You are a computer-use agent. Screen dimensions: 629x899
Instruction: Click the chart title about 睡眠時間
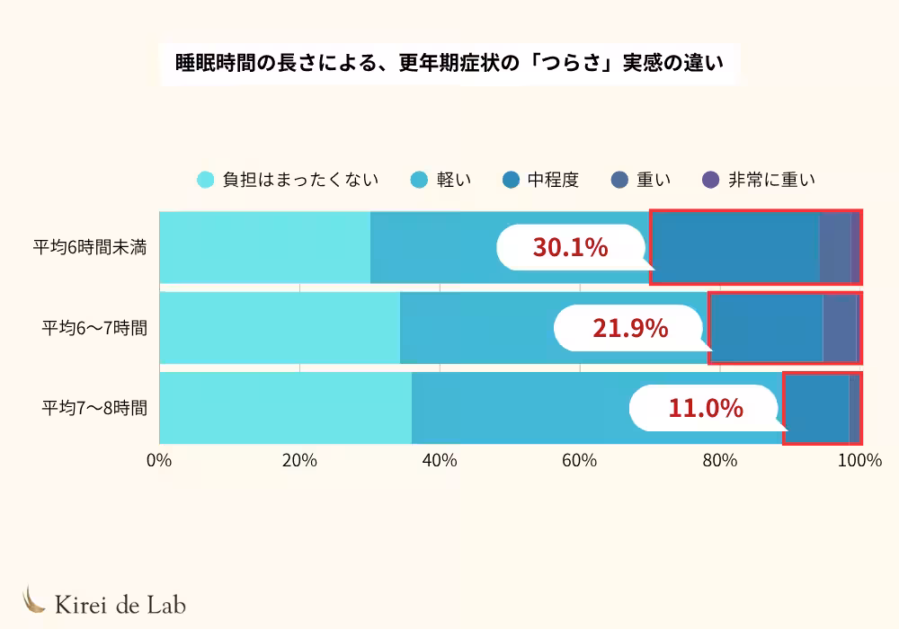coord(449,65)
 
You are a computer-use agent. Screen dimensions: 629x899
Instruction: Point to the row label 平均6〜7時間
coord(94,327)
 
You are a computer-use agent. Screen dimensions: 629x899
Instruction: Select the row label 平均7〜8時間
coord(94,407)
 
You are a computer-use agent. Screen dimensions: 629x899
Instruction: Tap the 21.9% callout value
coord(629,328)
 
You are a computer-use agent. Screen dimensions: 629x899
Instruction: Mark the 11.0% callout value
coord(705,408)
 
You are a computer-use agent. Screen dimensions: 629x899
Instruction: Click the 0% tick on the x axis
coord(159,461)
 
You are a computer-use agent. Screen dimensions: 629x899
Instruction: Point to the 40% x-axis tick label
coord(440,461)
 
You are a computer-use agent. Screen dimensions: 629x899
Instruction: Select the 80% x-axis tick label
coord(720,461)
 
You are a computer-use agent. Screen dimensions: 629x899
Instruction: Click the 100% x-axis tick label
coord(859,461)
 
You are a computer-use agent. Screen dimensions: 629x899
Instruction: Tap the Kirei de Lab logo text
coord(120,604)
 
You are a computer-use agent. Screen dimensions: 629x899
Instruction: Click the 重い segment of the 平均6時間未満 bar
coord(835,247)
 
